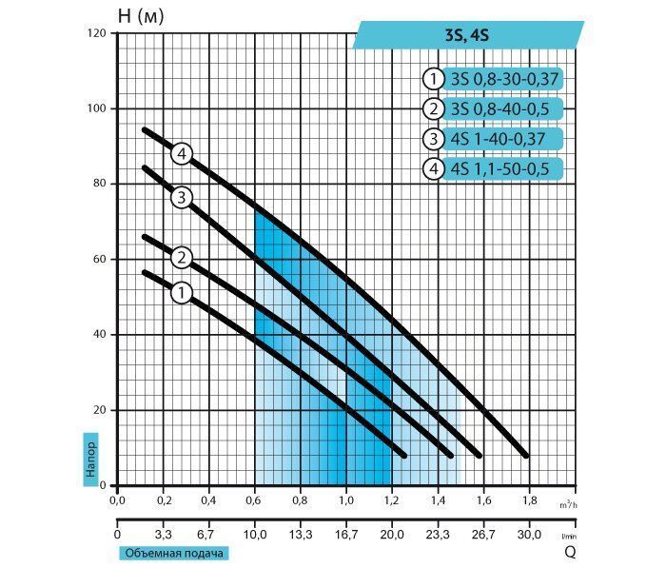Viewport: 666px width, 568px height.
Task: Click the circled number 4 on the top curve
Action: click(182, 153)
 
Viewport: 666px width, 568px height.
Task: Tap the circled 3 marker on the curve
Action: click(182, 198)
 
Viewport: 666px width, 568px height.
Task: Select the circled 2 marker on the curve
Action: click(182, 258)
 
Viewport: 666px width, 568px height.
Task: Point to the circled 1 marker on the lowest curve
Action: click(182, 293)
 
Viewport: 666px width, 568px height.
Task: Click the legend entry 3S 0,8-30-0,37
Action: click(503, 79)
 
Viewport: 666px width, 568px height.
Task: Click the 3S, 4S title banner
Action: click(468, 35)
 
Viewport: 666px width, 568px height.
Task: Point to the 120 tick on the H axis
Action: click(96, 33)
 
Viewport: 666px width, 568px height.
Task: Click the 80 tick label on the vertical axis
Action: click(99, 183)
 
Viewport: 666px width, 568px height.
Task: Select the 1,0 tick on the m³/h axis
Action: click(346, 500)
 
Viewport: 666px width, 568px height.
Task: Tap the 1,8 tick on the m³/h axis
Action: click(529, 500)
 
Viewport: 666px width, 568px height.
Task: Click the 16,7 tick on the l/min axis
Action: click(346, 535)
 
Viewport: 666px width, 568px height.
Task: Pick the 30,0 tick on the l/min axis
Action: click(529, 535)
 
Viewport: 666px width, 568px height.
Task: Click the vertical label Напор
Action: click(91, 460)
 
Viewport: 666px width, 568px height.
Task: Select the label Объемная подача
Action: click(174, 553)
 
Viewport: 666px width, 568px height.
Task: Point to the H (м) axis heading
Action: click(141, 16)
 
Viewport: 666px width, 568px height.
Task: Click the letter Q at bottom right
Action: click(570, 552)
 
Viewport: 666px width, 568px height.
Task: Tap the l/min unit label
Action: click(569, 537)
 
